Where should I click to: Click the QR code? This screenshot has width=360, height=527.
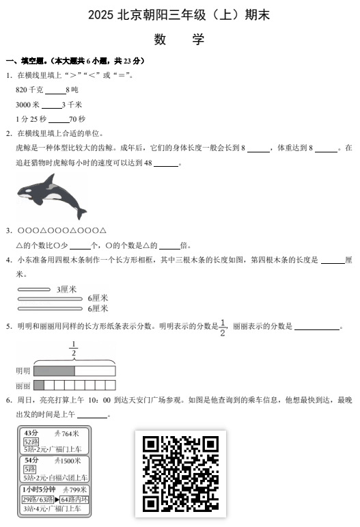[180, 473]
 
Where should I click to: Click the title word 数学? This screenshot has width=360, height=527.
[180, 40]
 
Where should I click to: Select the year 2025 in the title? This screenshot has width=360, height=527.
[102, 14]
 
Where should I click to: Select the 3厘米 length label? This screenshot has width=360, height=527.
[67, 289]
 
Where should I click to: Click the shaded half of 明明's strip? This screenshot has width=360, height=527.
[54, 370]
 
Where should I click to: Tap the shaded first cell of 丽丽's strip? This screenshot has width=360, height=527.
[39, 385]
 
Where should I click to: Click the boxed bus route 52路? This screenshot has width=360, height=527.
[31, 442]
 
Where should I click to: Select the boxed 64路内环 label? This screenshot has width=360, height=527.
[75, 500]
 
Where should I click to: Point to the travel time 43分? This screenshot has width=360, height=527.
[31, 433]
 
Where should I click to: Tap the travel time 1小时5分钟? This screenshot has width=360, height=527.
[37, 490]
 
